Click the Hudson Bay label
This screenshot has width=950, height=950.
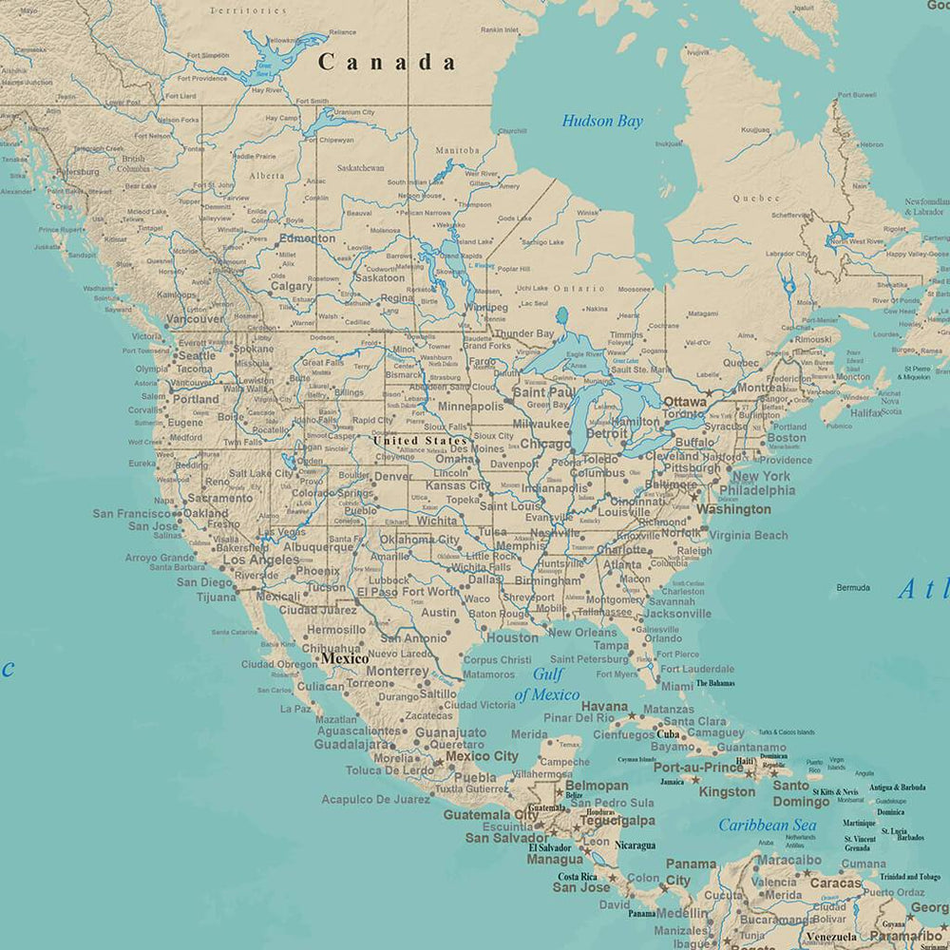[x=602, y=121]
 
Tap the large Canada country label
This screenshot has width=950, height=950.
[x=387, y=63]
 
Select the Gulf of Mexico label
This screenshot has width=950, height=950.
[x=546, y=684]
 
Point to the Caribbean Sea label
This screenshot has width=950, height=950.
[x=767, y=825]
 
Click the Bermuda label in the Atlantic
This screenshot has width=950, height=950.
[x=853, y=587]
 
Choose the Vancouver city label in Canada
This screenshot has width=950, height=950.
[x=195, y=319]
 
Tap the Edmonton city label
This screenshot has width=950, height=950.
[x=308, y=238]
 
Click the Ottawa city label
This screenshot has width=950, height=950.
[x=685, y=402]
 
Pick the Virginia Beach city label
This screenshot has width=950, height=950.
[x=748, y=535]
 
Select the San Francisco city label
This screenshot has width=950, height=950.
[x=132, y=513]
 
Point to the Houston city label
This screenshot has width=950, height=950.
[x=512, y=637]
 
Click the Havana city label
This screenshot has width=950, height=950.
[x=604, y=707]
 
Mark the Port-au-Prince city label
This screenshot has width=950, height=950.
[x=698, y=767]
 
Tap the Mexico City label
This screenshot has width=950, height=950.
[x=482, y=756]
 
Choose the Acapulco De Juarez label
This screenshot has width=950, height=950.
[x=375, y=799]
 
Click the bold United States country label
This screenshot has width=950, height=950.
[x=420, y=441]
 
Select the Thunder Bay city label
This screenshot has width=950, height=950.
[x=523, y=334]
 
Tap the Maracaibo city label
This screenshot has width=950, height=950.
[x=790, y=861]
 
